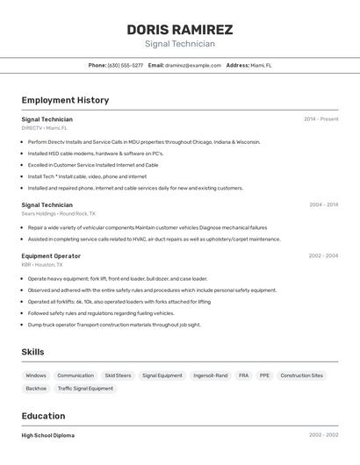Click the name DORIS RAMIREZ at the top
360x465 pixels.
(179, 29)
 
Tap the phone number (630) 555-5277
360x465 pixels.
(126, 65)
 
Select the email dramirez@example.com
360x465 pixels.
(194, 65)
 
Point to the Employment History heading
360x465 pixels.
(65, 100)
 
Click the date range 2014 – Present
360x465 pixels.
(320, 119)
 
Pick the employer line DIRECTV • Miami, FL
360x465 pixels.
(44, 128)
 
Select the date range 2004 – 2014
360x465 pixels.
(323, 204)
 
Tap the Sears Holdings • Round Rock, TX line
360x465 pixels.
(58, 213)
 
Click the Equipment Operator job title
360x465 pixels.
(51, 256)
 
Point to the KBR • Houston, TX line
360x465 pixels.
(42, 264)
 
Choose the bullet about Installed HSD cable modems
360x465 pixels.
(96, 154)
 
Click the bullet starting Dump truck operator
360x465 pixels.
(114, 325)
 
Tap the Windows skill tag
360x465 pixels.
(36, 376)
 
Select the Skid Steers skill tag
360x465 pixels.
(118, 376)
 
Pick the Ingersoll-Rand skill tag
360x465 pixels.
(210, 376)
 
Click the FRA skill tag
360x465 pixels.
(243, 376)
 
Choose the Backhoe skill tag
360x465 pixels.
(36, 388)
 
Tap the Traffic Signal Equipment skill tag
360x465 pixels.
(85, 388)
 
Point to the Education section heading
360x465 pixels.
(43, 416)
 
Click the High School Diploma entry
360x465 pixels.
(47, 435)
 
